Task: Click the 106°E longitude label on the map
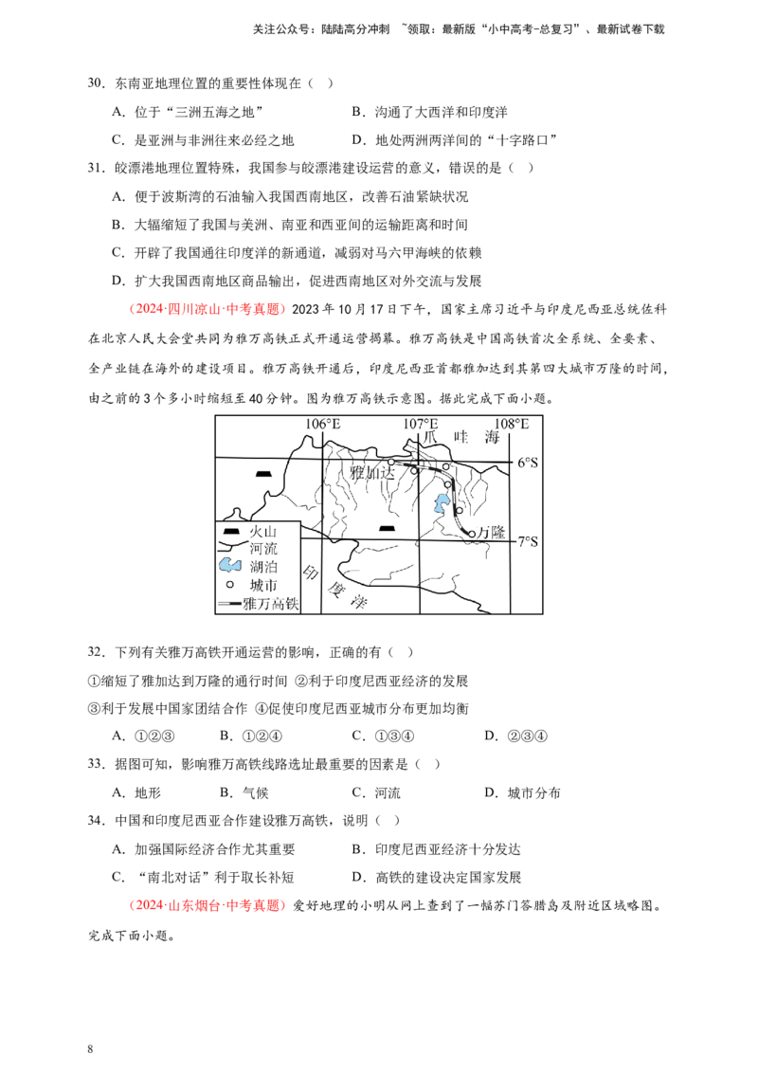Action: [x=322, y=424]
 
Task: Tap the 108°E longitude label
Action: [x=511, y=424]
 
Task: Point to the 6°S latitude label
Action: [x=527, y=463]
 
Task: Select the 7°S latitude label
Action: [x=527, y=542]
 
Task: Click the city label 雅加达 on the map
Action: [x=372, y=472]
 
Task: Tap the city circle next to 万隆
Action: [x=471, y=534]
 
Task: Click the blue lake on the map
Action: [x=440, y=504]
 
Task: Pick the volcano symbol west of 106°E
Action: [x=263, y=474]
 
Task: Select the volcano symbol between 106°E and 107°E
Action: [x=388, y=528]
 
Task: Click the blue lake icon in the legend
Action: [x=230, y=566]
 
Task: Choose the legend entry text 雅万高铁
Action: [x=271, y=604]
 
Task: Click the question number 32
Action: [x=96, y=652]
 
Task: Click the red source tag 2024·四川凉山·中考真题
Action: [x=206, y=309]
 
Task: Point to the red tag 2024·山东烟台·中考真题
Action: [x=206, y=905]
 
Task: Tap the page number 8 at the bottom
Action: [x=90, y=1049]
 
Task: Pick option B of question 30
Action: [x=429, y=112]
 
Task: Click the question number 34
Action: [x=96, y=821]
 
